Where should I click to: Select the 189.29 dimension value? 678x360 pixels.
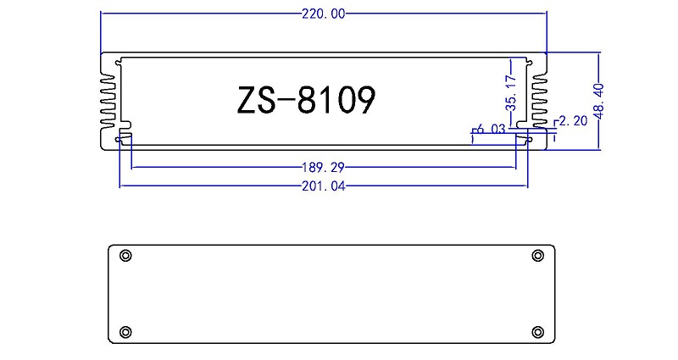click(x=324, y=167)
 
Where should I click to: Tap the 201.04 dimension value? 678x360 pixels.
click(x=324, y=186)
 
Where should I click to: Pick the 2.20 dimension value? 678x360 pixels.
click(x=574, y=121)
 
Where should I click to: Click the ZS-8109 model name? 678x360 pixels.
click(x=304, y=100)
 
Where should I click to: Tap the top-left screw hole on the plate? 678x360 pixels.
click(x=125, y=256)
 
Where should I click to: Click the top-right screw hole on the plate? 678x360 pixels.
click(x=537, y=256)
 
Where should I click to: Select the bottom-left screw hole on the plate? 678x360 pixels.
click(x=125, y=330)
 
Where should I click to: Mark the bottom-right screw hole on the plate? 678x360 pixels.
click(x=537, y=330)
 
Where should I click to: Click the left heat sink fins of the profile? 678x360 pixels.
click(x=108, y=100)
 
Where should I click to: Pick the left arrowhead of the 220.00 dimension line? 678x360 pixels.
click(x=104, y=14)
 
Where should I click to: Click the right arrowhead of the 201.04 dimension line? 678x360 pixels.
click(x=525, y=186)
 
